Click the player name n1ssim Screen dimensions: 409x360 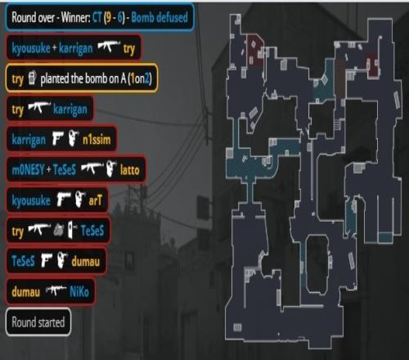pos(97,140)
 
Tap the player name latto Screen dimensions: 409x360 pos(130,170)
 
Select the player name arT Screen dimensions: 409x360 pos(96,200)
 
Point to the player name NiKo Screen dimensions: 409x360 pos(79,292)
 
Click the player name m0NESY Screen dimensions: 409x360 pos(28,170)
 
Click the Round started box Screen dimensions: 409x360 pos(38,322)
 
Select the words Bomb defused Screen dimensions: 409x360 pos(160,17)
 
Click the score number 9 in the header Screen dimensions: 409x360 pos(109,18)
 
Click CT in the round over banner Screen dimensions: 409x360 pos(97,18)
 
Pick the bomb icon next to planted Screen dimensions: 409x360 pos(32,78)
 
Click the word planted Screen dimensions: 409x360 pos(55,79)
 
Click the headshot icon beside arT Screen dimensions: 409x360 pos(79,200)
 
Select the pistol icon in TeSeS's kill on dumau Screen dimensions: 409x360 pos(47,260)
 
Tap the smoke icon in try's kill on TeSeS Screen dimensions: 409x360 pos(58,230)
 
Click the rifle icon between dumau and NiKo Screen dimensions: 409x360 pos(56,290)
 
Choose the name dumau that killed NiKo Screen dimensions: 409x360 pos(25,292)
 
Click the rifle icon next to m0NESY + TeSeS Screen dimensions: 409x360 pos(92,169)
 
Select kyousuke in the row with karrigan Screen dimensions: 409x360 pos(31,48)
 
